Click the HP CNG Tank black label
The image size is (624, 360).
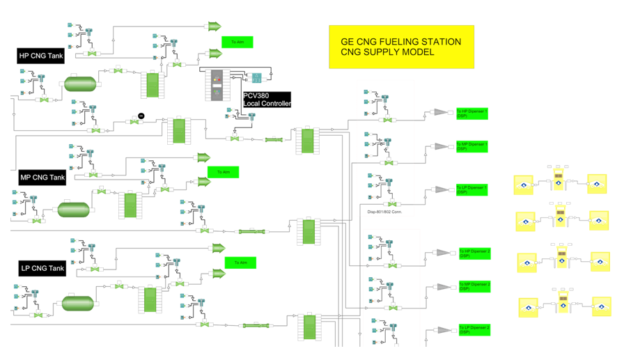click(40, 56)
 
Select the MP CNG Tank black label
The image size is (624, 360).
click(42, 178)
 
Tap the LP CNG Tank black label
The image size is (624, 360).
click(42, 268)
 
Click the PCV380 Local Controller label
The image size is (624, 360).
click(266, 100)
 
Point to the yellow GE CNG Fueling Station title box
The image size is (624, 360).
click(400, 47)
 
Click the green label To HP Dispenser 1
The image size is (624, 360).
click(471, 114)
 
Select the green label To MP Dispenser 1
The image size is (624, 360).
click(471, 146)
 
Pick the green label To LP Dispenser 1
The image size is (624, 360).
click(471, 189)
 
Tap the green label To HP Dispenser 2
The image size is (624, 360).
click(474, 253)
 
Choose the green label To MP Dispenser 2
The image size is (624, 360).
click(474, 286)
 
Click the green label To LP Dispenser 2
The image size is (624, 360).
click(474, 329)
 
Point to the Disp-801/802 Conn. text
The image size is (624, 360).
click(385, 212)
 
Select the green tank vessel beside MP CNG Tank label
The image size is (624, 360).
click(74, 209)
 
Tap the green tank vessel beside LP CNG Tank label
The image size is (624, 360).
click(77, 304)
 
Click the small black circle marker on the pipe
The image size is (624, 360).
click(141, 116)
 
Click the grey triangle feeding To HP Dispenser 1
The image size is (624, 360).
click(440, 112)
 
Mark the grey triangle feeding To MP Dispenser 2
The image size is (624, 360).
click(442, 286)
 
